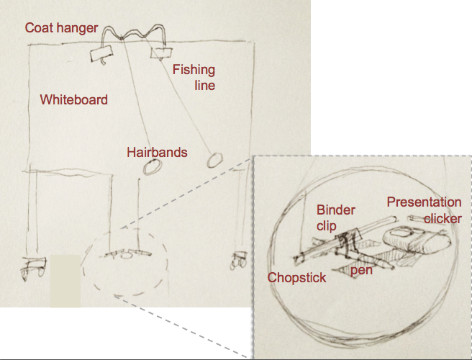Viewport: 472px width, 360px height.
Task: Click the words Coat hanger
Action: coord(61,28)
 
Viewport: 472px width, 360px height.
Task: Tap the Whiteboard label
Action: coord(73,99)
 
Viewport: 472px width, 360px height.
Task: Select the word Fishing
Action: coord(194,70)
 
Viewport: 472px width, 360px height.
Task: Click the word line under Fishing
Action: coord(204,85)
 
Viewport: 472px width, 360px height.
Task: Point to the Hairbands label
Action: coord(157,153)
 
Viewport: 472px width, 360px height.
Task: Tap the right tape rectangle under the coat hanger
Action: coord(161,53)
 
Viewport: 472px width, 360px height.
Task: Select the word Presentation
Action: coord(424,202)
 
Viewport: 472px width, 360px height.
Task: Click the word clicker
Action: coord(442,219)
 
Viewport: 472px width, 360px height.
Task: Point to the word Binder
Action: coord(335,210)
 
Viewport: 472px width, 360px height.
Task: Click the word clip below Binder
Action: coord(327,225)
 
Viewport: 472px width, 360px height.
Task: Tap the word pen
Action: coord(361,270)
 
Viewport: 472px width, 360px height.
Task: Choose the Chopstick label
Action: coord(296,277)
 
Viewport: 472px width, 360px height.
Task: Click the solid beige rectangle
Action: coord(65,281)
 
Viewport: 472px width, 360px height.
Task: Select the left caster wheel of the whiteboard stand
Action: coord(33,268)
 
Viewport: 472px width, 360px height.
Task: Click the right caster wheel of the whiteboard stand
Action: coord(239,261)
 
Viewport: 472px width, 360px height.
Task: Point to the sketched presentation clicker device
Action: coord(417,240)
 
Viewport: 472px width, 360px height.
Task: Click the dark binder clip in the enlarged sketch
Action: coord(347,243)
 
